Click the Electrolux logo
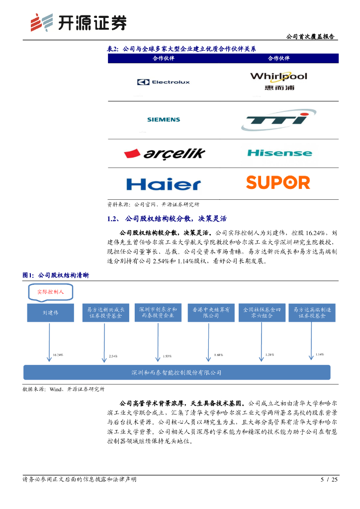click(x=164, y=82)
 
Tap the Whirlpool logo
click(x=278, y=81)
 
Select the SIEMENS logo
click(x=164, y=120)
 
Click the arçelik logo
click(x=165, y=154)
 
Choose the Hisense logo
click(x=278, y=153)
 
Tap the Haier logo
click(x=164, y=184)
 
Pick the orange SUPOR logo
click(x=278, y=182)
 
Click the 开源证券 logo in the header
click(x=78, y=22)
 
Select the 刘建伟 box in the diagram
click(x=50, y=313)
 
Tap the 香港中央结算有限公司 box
click(x=211, y=312)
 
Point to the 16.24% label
click(x=58, y=355)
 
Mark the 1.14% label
click(x=320, y=354)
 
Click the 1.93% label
click(x=167, y=356)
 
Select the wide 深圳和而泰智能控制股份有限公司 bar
click(x=177, y=372)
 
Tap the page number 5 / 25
click(x=329, y=480)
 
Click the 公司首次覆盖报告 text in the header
click(x=310, y=37)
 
